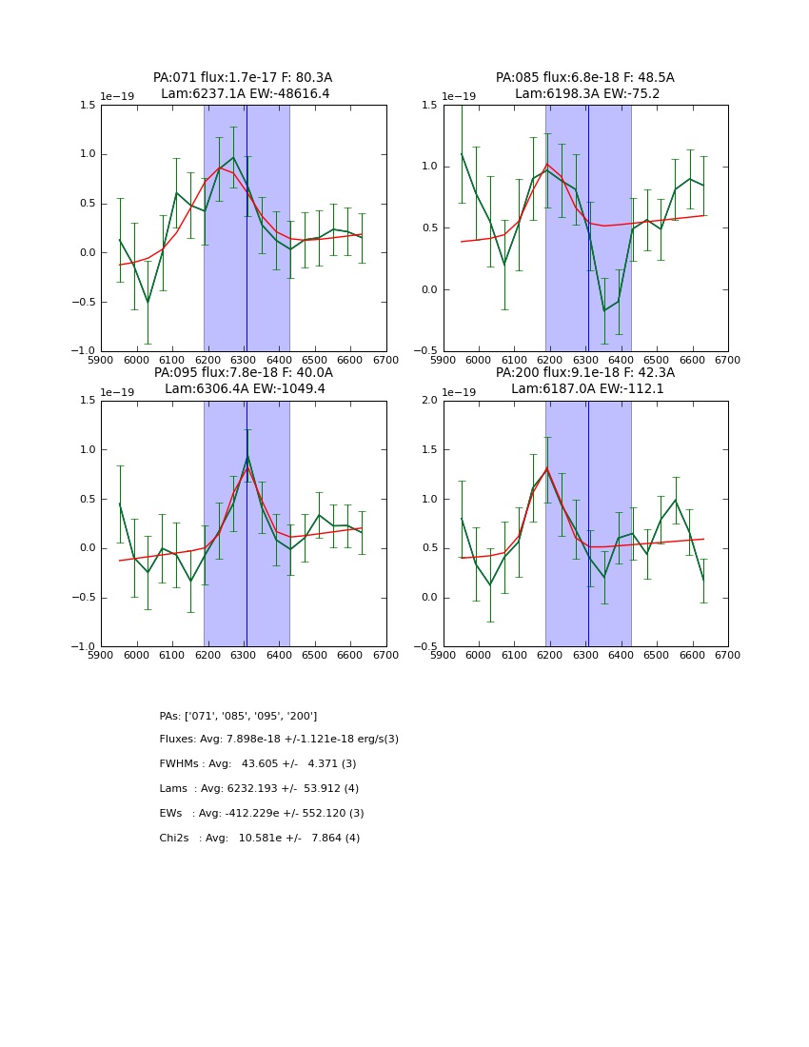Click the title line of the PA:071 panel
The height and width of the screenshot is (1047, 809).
(243, 78)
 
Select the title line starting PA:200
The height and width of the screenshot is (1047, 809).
(584, 373)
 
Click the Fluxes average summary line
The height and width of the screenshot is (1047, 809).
(279, 740)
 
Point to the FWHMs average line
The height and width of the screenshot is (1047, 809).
(257, 764)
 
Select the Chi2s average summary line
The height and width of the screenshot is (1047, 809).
(259, 839)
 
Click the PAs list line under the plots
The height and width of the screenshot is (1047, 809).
(238, 716)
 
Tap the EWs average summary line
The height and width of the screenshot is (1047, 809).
(261, 814)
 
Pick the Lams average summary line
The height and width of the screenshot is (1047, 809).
(259, 789)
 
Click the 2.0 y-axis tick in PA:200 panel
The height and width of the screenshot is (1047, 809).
(429, 401)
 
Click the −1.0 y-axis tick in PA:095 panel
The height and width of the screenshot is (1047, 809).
(86, 647)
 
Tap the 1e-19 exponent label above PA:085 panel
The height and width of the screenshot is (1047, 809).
(462, 97)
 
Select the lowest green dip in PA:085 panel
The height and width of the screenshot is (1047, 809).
(603, 310)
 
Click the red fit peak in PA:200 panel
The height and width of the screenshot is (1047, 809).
(547, 468)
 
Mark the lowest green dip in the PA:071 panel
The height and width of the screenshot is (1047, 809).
(148, 303)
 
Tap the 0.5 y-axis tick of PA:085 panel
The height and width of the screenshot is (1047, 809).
(429, 228)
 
